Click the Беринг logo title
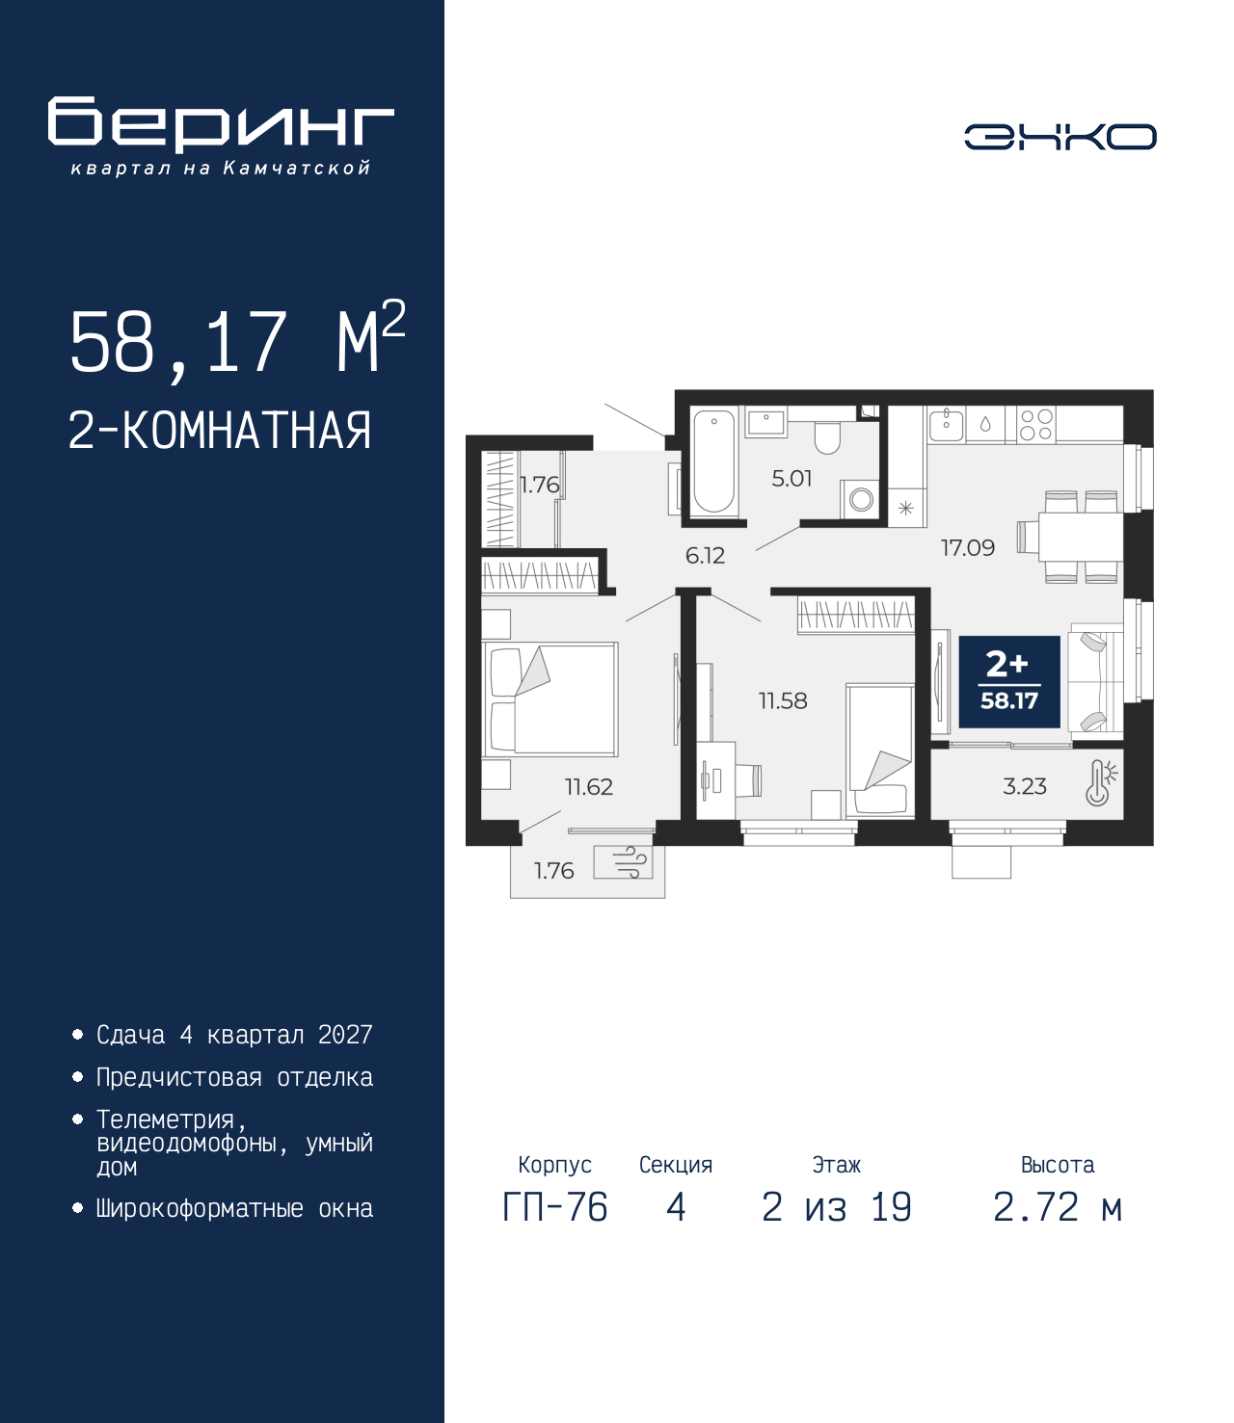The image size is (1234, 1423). (x=221, y=124)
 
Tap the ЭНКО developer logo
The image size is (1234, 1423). (x=1060, y=136)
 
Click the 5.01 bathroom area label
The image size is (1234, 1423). (x=791, y=479)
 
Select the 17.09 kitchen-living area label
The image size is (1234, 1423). (x=968, y=548)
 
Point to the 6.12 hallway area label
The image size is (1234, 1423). (x=705, y=556)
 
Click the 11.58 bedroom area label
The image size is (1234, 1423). (x=783, y=700)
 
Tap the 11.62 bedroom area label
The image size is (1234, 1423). (x=589, y=786)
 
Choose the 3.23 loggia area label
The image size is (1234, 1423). (x=1025, y=786)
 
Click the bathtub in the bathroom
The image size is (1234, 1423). (x=713, y=461)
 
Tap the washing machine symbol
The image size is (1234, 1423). (x=860, y=499)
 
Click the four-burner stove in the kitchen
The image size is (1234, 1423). (x=1036, y=425)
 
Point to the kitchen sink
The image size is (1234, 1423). (x=946, y=424)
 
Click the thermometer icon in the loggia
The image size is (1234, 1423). (x=1100, y=782)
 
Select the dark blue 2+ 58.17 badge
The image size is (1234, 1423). (x=1009, y=681)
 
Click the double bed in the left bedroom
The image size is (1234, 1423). (x=550, y=698)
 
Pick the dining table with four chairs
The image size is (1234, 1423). (x=1071, y=537)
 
